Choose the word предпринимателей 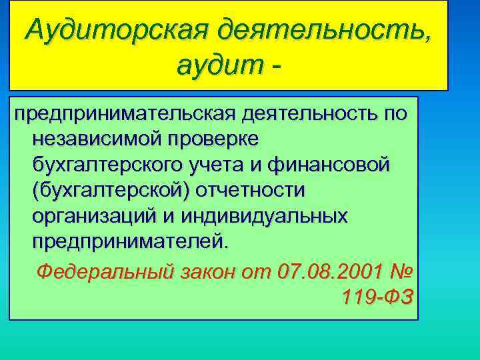click(131, 241)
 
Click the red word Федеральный click(105, 272)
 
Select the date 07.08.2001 click(329, 272)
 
